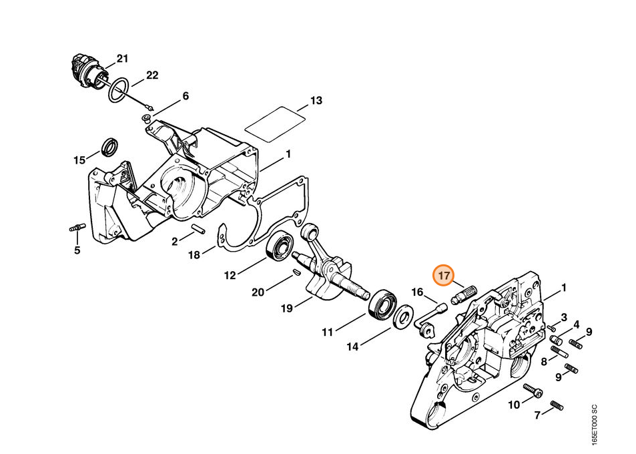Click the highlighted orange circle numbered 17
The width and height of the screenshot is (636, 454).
click(444, 276)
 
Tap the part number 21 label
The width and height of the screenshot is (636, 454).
click(122, 59)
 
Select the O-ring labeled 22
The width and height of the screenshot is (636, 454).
click(119, 91)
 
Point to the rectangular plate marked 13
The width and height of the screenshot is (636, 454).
click(275, 125)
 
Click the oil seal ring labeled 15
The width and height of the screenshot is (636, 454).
click(109, 148)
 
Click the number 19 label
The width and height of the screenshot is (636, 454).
click(287, 308)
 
